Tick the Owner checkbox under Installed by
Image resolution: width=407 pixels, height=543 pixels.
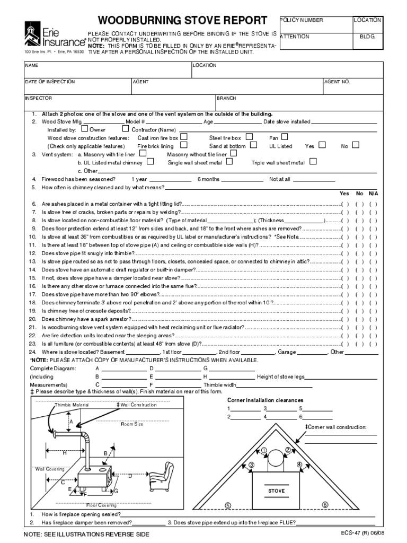click(x=85, y=129)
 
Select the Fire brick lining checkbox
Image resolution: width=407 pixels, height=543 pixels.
click(x=183, y=145)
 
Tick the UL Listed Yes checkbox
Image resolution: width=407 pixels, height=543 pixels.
click(x=322, y=145)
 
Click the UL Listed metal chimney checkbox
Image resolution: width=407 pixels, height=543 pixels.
click(x=151, y=162)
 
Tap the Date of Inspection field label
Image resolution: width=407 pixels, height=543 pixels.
click(x=50, y=82)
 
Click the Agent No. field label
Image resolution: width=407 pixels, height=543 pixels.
click(x=337, y=82)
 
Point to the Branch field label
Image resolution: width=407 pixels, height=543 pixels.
click(x=226, y=98)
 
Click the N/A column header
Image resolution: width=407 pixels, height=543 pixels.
click(x=373, y=194)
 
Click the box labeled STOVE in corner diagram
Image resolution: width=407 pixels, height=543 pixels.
click(x=276, y=491)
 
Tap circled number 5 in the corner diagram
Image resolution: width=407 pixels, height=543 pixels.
click(x=228, y=505)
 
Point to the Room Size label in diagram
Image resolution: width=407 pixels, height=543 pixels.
click(x=132, y=424)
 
